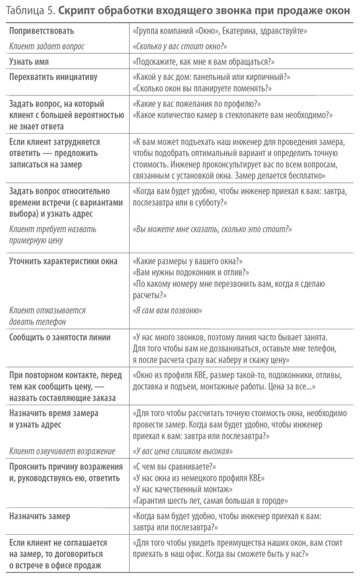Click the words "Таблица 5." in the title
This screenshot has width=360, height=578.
click(30, 9)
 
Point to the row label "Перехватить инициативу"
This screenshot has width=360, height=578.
click(53, 77)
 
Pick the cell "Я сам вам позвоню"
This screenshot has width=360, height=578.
click(166, 310)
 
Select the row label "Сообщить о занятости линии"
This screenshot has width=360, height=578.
click(59, 337)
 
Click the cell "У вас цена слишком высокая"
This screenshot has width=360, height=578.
click(182, 451)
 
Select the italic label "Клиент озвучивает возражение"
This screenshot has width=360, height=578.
click(53, 451)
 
